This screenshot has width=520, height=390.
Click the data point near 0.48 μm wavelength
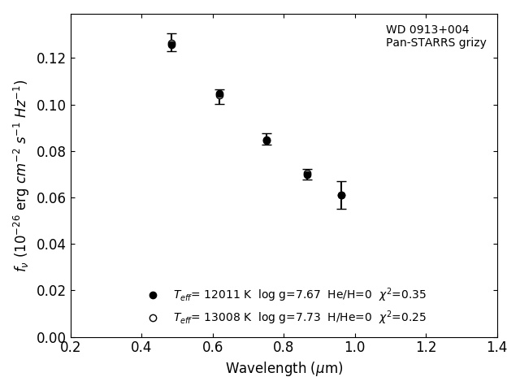171,45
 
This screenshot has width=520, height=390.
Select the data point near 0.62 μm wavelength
219,95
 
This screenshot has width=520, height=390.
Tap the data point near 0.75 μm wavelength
266,140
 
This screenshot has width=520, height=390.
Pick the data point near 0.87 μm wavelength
307,174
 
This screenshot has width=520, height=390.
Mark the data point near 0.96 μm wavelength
341,195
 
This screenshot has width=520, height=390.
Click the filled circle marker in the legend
153,295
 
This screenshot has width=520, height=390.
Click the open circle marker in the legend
153,318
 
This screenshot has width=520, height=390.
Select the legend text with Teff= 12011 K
299,295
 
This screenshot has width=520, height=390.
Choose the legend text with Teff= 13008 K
299,318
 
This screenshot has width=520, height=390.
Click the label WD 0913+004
427,30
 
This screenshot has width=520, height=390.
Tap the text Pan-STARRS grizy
436,43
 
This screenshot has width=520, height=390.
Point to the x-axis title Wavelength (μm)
284,369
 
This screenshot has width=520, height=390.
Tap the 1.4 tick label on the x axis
496,348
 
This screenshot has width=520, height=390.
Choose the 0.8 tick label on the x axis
284,348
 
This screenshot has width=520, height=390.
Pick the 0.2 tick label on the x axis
71,348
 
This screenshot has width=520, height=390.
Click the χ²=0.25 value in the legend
402,318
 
